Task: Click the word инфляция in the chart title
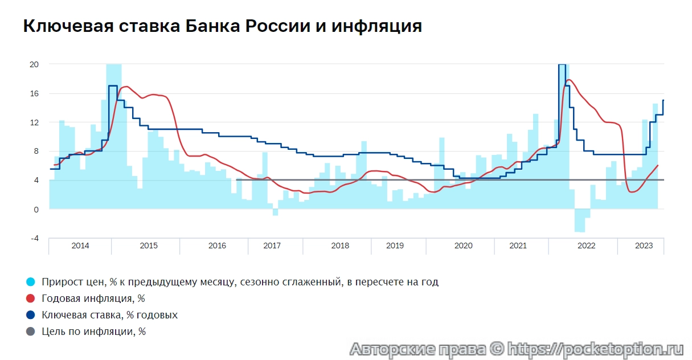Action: (x=379, y=26)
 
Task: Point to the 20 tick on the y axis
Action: (x=34, y=64)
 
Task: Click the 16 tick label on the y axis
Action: (x=34, y=93)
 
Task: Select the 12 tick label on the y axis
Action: (x=34, y=122)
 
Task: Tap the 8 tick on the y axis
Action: (x=36, y=152)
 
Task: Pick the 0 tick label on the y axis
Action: (x=36, y=209)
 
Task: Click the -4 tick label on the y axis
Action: (x=34, y=238)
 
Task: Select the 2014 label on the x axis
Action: (x=80, y=246)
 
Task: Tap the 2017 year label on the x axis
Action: (x=272, y=246)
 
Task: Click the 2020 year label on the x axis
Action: (x=463, y=246)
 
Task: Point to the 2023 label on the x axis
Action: (x=644, y=246)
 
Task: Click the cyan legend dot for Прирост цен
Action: (x=31, y=282)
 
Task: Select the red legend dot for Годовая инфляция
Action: (x=31, y=298)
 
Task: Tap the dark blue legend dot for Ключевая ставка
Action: (x=31, y=315)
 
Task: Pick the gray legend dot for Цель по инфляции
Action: (x=31, y=332)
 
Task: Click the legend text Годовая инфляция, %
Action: (x=93, y=298)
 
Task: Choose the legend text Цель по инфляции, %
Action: (x=93, y=332)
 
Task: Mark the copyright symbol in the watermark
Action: (x=497, y=349)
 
